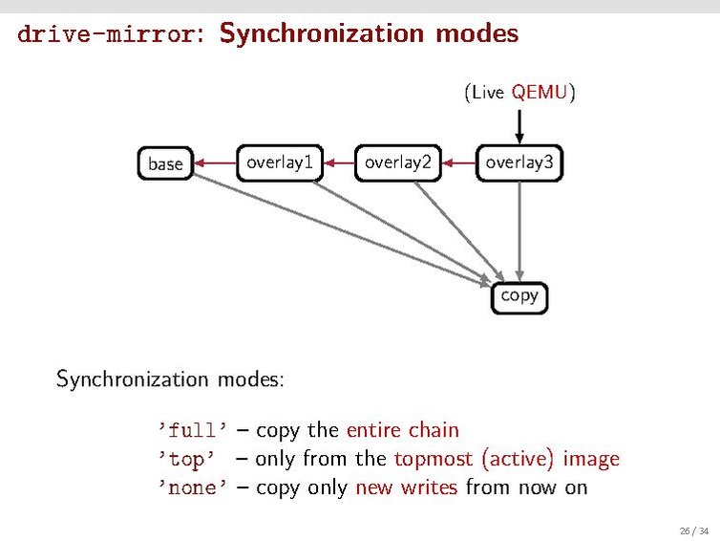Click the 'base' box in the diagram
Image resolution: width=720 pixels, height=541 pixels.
point(165,163)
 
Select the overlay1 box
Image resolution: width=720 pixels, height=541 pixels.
point(279,162)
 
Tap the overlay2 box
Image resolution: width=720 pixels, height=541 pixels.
point(397,162)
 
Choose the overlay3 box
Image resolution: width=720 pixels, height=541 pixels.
point(519,162)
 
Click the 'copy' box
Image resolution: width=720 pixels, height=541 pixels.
point(519,295)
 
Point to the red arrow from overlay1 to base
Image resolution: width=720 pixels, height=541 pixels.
point(215,163)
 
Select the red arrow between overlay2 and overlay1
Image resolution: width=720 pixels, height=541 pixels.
point(338,163)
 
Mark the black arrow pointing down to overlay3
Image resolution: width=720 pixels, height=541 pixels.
point(519,125)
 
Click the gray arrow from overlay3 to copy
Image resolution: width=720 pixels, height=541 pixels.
point(519,229)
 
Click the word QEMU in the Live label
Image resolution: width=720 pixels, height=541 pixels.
point(540,93)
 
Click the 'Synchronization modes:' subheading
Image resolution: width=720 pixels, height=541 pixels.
point(170,379)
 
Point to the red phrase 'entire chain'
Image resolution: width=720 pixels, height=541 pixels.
point(402,430)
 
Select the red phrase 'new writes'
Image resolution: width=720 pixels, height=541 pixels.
point(406,487)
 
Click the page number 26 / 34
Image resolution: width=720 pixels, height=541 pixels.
point(694,530)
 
